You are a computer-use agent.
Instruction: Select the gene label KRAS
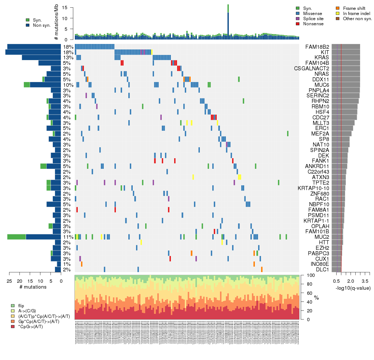(322, 58)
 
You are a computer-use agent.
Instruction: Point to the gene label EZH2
(322, 248)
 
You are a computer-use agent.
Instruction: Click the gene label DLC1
(322, 270)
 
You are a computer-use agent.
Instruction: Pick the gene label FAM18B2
(317, 47)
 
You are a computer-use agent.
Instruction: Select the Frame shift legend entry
(352, 8)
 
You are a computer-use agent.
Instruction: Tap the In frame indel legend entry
(355, 13)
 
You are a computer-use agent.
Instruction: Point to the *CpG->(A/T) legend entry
(30, 326)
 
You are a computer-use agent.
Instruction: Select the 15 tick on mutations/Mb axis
(67, 8)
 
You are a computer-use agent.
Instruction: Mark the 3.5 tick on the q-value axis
(365, 281)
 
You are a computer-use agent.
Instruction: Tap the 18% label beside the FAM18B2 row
(68, 47)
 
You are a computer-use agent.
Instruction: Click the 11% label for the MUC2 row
(68, 237)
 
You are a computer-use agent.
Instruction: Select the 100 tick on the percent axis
(307, 275)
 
